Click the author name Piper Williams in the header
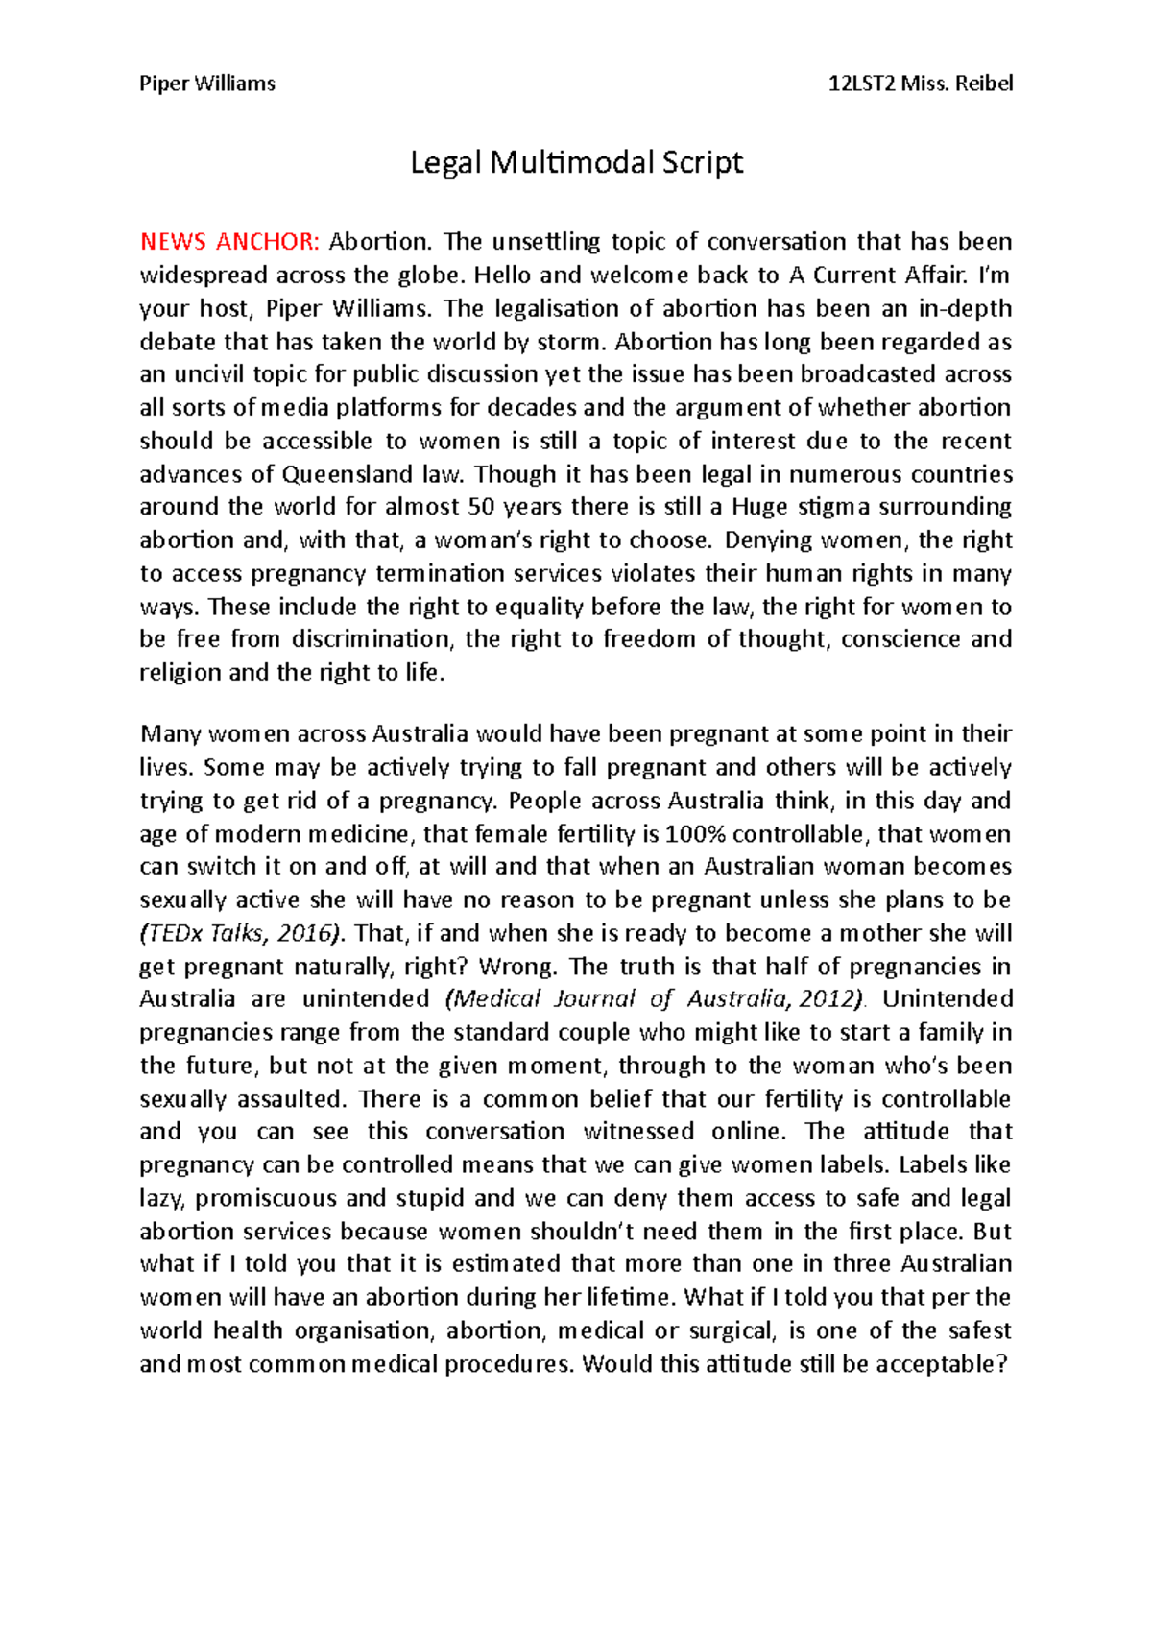coord(207,84)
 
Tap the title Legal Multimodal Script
coord(576,162)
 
